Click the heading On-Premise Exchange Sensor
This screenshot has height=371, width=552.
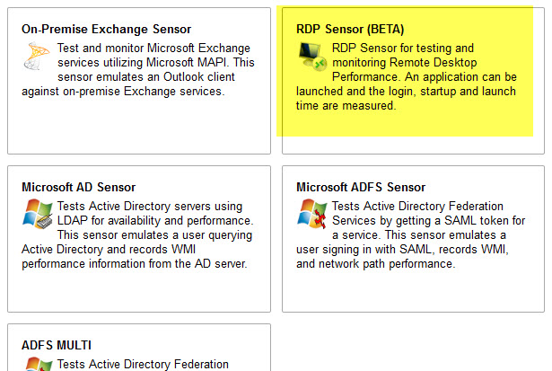click(106, 30)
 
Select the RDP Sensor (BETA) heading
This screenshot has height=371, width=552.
click(350, 30)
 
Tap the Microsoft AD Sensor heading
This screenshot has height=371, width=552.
click(78, 187)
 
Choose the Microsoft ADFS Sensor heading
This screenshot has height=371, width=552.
click(361, 187)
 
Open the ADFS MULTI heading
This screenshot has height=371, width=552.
click(57, 345)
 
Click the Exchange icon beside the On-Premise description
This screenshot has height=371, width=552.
click(37, 56)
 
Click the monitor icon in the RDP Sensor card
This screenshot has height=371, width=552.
click(312, 57)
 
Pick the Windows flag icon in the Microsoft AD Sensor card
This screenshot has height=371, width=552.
click(38, 214)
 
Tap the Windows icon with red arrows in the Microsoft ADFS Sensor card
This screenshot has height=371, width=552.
click(312, 214)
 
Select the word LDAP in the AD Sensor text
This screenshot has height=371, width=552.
click(73, 221)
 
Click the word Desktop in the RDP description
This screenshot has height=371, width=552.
click(455, 62)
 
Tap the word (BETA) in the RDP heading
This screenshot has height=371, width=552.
click(385, 30)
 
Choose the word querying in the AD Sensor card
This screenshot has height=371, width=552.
click(231, 235)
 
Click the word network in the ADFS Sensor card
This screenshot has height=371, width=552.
click(339, 263)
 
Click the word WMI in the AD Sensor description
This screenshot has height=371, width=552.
click(183, 249)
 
